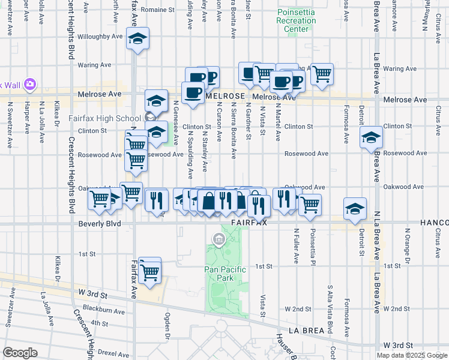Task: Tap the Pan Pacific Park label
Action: [x=225, y=274]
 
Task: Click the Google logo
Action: [x=20, y=353]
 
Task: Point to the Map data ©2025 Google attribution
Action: [x=411, y=355]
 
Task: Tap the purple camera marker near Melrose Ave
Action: [x=31, y=84]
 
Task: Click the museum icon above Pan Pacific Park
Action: [x=218, y=241]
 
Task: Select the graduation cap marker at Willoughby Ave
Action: [x=137, y=40]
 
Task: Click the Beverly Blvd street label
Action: [x=100, y=224]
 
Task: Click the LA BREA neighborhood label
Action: [x=301, y=331]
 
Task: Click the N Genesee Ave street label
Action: [x=176, y=122]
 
